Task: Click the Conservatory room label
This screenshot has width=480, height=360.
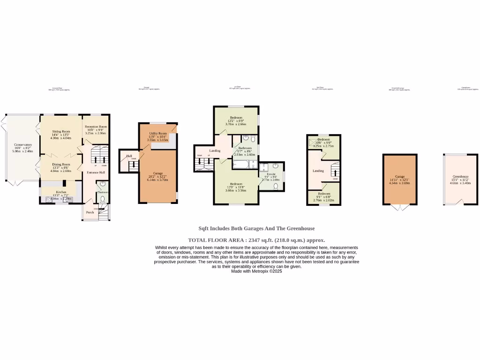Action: pyautogui.click(x=22, y=145)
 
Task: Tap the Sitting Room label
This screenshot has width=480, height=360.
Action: pyautogui.click(x=61, y=132)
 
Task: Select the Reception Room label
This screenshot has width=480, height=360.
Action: pyautogui.click(x=96, y=127)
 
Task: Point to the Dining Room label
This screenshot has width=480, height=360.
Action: pyautogui.click(x=61, y=165)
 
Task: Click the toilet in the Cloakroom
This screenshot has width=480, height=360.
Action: pyautogui.click(x=103, y=199)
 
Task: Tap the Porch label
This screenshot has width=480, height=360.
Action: pyautogui.click(x=90, y=212)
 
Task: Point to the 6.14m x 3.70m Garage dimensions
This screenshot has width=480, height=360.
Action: pyautogui.click(x=157, y=180)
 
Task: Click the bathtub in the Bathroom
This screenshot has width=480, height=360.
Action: pyautogui.click(x=242, y=165)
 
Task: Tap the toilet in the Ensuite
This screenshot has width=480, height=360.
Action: pyautogui.click(x=276, y=186)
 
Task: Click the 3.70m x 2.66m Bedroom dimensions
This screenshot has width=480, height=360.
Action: pyautogui.click(x=235, y=124)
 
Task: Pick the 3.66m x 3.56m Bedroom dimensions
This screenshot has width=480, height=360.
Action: pyautogui.click(x=235, y=190)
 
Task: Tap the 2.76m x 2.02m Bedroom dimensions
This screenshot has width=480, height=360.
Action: pyautogui.click(x=324, y=200)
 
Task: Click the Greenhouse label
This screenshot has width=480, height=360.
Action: pyautogui.click(x=460, y=177)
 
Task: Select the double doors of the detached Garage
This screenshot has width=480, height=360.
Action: pyautogui.click(x=399, y=207)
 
